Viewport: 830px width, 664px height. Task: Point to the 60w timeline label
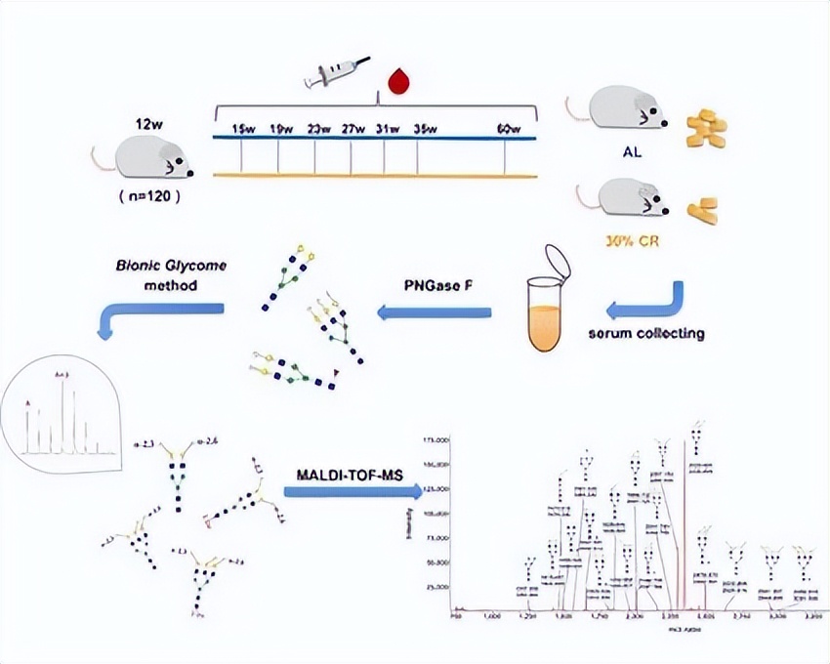pos(509,129)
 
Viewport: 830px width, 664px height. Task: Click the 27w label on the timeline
pos(353,129)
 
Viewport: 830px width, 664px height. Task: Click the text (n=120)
pos(150,194)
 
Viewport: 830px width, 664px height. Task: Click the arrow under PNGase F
pos(435,311)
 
